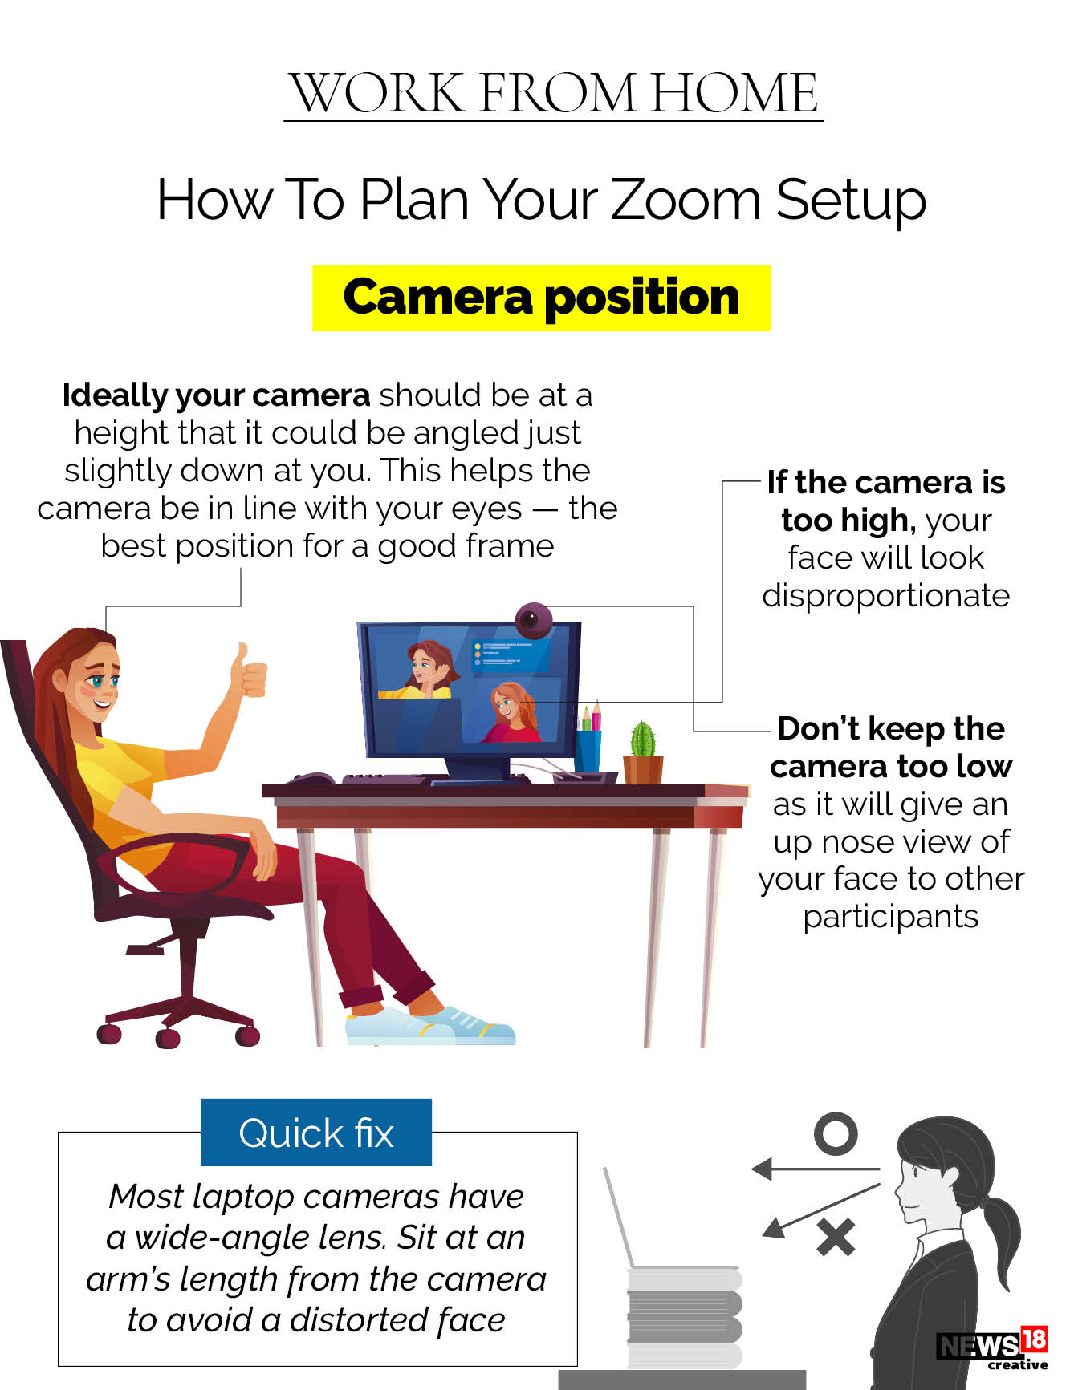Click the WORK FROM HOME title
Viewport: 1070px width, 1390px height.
(x=554, y=93)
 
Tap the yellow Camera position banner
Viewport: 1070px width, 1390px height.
(x=541, y=298)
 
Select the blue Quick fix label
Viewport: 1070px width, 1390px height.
(x=316, y=1133)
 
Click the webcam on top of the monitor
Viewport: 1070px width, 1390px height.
(x=532, y=619)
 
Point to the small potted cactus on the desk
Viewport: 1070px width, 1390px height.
(x=643, y=752)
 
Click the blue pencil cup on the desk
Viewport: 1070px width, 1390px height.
(x=588, y=748)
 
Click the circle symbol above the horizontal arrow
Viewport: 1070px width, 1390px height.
(x=835, y=1134)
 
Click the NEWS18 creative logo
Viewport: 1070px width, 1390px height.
(x=993, y=1347)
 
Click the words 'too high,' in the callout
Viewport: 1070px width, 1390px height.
(x=848, y=521)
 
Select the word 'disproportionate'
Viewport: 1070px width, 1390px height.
(x=885, y=596)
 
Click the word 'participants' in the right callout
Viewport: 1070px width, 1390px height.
(x=890, y=917)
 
